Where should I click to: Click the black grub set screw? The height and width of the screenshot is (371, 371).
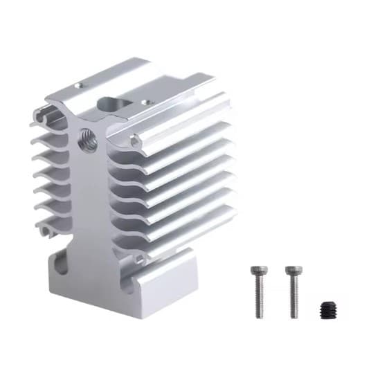click(328, 309)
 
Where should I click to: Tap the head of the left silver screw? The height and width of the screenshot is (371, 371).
click(259, 271)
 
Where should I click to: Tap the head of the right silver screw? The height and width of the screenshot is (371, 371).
click(291, 271)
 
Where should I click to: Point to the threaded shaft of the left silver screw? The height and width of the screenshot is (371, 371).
click(260, 298)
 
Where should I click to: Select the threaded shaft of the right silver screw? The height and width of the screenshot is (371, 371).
click(293, 298)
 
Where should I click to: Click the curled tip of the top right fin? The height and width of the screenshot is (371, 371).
click(136, 144)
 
